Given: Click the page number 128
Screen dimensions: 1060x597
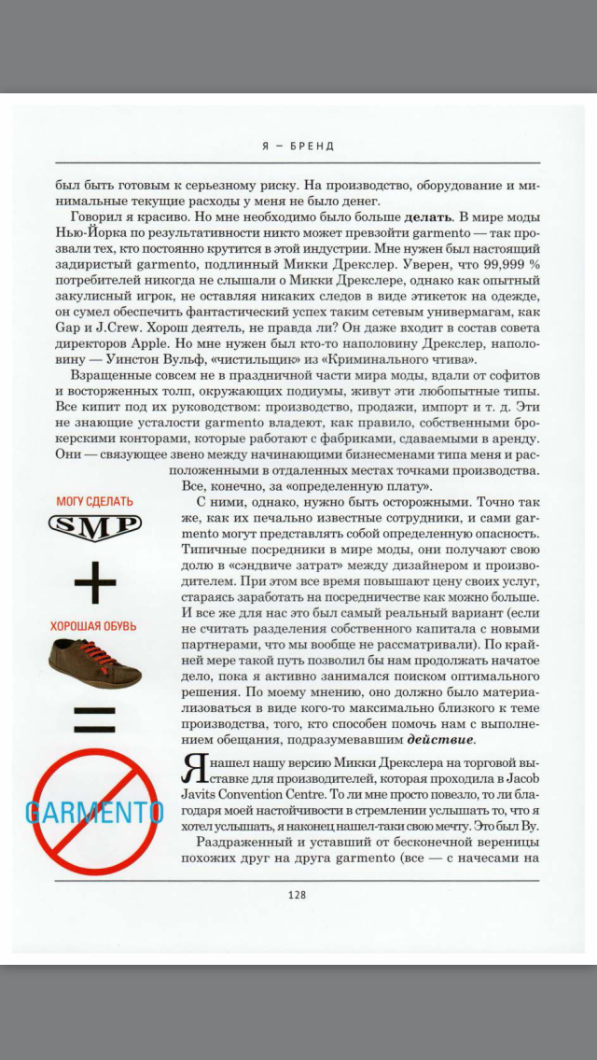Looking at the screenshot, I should pyautogui.click(x=298, y=895).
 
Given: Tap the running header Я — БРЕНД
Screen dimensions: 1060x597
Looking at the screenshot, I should pyautogui.click(x=298, y=146).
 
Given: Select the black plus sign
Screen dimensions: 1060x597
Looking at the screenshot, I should pyautogui.click(x=95, y=584).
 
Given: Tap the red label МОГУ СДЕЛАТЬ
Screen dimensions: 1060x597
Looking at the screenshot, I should pyautogui.click(x=94, y=501).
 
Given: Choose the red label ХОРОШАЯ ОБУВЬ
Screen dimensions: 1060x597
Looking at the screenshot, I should pyautogui.click(x=93, y=626).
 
